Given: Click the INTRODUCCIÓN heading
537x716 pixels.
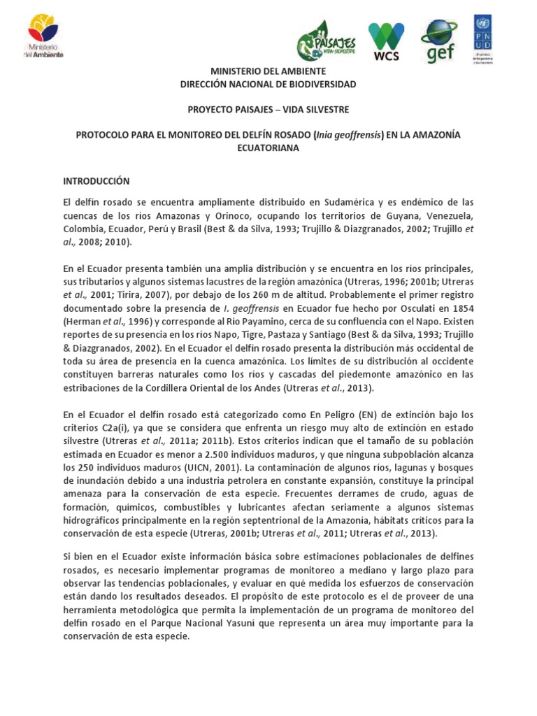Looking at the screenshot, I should click(96, 180).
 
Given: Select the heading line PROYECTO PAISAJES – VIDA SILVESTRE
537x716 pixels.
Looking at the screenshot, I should click(268, 110).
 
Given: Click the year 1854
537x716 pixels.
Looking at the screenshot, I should click(460, 310).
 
